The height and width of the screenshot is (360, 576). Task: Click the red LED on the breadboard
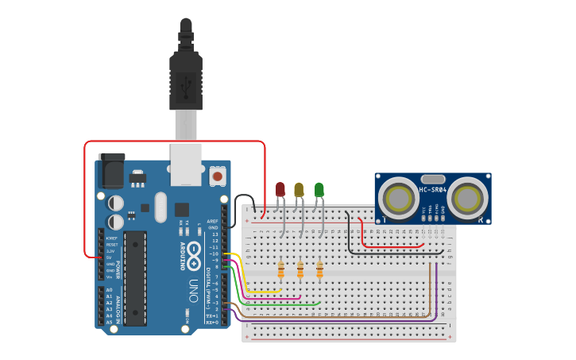click(x=280, y=189)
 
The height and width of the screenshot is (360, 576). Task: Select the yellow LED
click(x=299, y=189)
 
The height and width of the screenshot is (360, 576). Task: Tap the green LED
click(x=319, y=189)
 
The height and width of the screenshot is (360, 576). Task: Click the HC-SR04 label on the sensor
click(x=433, y=190)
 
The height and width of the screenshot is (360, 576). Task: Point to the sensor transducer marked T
click(x=396, y=197)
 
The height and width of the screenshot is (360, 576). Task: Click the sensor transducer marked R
click(x=469, y=197)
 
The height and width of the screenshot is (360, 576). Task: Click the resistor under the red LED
click(x=281, y=271)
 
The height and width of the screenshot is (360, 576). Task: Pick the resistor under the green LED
click(x=319, y=271)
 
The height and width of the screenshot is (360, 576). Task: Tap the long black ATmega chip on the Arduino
click(x=134, y=277)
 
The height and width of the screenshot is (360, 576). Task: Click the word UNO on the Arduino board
click(x=193, y=291)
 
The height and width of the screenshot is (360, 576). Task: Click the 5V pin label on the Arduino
click(x=110, y=257)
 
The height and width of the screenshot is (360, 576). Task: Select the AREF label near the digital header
click(x=212, y=222)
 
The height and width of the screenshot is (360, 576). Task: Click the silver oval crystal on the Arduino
click(x=161, y=207)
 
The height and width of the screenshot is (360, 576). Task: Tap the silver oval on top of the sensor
click(x=433, y=180)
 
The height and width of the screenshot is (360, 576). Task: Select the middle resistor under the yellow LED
click(x=300, y=271)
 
